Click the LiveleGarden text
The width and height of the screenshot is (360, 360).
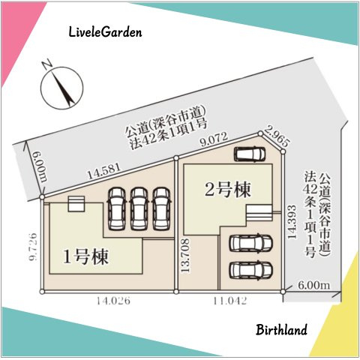click(x=104, y=33)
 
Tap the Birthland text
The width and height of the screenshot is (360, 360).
click(x=281, y=330)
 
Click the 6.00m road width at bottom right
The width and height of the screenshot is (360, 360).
click(x=313, y=285)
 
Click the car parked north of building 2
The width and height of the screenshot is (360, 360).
click(x=250, y=155)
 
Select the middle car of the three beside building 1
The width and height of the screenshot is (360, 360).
click(x=139, y=208)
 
